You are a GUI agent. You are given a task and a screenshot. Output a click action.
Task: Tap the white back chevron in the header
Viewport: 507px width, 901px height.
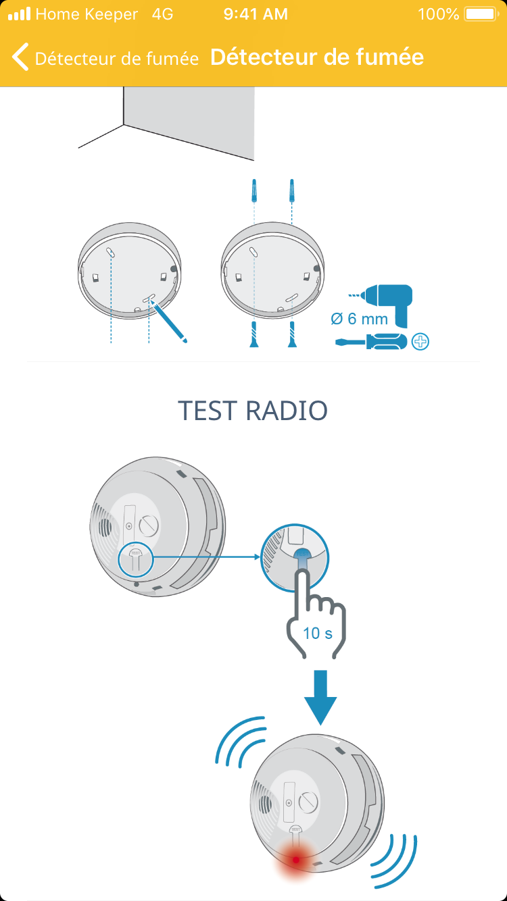(20, 57)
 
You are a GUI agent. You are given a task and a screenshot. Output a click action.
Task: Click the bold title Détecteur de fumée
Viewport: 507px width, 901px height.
(317, 57)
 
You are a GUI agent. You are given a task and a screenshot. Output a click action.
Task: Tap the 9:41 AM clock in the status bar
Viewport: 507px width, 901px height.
(256, 14)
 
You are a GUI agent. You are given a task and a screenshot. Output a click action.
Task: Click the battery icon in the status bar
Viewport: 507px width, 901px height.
(481, 14)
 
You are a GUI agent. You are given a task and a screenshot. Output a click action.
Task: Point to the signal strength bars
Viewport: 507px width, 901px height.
(20, 14)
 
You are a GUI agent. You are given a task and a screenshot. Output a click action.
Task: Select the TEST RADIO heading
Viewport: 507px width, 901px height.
(253, 411)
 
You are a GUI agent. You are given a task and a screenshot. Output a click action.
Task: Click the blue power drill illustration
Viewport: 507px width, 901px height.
(385, 305)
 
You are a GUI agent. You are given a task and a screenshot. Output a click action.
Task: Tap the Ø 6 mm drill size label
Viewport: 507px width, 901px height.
(359, 319)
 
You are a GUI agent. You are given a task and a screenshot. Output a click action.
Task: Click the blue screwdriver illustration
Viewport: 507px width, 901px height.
(371, 342)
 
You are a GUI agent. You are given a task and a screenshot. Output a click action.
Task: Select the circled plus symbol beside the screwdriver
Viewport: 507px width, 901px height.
(420, 342)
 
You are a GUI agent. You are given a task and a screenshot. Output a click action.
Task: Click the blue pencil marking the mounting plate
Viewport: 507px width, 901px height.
(169, 321)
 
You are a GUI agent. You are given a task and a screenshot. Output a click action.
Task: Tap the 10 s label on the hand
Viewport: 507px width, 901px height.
(318, 634)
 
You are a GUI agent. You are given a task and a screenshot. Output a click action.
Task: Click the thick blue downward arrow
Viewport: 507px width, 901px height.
(320, 697)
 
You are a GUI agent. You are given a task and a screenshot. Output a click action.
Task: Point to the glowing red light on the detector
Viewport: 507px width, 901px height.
(296, 860)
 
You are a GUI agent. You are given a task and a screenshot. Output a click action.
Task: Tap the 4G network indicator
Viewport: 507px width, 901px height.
(163, 14)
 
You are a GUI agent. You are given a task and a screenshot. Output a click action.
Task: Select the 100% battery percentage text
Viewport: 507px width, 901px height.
(439, 14)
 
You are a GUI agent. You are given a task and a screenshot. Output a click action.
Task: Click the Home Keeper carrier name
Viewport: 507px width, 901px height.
(87, 14)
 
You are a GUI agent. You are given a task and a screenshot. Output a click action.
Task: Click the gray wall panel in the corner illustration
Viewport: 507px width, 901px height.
(189, 121)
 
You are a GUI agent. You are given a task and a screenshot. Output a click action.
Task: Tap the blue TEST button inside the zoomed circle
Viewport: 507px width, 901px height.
(302, 559)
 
